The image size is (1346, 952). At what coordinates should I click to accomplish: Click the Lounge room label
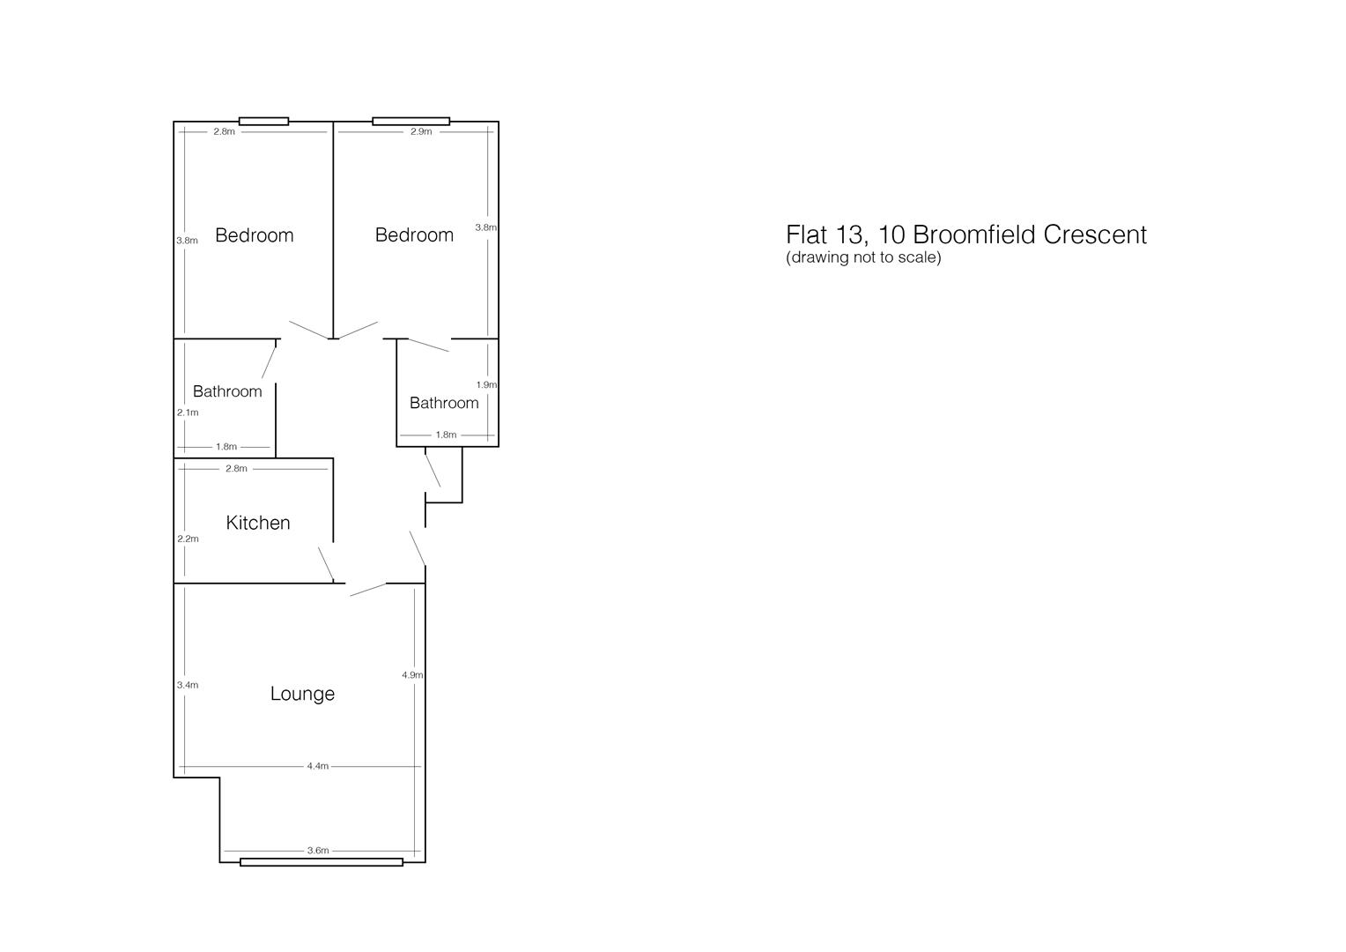click(302, 694)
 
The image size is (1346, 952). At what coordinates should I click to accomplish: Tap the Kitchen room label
click(258, 523)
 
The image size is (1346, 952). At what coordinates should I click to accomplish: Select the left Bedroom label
click(254, 235)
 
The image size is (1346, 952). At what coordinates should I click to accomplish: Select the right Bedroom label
click(414, 234)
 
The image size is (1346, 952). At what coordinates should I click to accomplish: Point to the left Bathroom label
click(227, 391)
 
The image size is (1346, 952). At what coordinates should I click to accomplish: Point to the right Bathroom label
click(444, 403)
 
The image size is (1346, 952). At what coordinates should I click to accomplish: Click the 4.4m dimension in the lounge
click(318, 766)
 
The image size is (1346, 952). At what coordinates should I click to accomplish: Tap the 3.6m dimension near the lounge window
click(318, 851)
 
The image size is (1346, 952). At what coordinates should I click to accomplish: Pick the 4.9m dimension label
click(412, 675)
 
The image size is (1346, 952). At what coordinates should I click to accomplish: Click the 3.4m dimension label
click(188, 685)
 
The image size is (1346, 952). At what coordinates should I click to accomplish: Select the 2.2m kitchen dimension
click(188, 539)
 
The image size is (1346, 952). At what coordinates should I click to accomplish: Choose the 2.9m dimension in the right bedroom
click(421, 131)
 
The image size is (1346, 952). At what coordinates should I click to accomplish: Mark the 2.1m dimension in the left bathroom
click(188, 413)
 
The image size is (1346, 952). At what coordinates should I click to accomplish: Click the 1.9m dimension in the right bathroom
click(486, 385)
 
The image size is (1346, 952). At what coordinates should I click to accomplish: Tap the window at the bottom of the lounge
click(322, 862)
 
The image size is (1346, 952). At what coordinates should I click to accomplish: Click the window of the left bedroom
click(263, 122)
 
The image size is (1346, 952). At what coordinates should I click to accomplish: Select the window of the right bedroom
click(410, 122)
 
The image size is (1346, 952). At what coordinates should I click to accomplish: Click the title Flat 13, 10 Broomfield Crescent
click(966, 234)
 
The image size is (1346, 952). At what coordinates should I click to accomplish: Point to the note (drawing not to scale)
click(863, 257)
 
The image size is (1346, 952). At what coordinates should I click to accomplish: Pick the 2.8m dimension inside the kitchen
click(236, 469)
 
